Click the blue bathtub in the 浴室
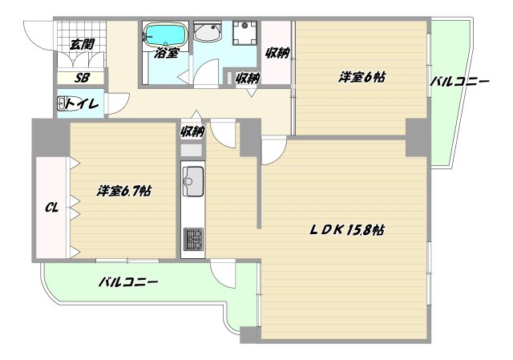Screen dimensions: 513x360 (166, 34)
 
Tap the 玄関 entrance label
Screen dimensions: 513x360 (82, 44)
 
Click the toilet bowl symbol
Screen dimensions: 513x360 (62, 103)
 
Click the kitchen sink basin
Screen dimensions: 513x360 (193, 181)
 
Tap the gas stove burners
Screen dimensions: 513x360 (193, 239)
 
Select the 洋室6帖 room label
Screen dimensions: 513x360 (362, 77)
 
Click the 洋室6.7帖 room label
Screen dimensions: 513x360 (123, 191)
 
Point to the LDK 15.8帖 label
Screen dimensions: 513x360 (346, 230)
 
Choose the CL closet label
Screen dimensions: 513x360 (51, 207)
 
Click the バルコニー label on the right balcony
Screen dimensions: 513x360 (459, 82)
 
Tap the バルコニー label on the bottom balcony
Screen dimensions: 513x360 (128, 281)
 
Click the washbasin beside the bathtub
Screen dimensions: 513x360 (206, 32)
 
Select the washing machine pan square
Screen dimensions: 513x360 (244, 33)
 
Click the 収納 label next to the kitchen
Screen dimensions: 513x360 (192, 131)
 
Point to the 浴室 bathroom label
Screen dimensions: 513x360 (167, 53)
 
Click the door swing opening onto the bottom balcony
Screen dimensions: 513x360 (223, 274)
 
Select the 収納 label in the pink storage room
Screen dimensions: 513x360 (277, 52)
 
